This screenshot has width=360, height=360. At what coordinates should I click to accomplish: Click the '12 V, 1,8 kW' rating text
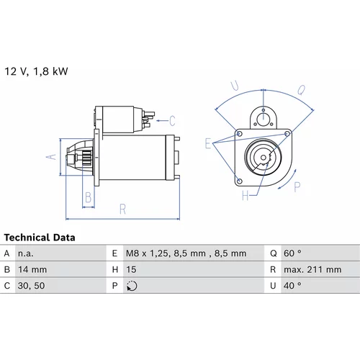36,71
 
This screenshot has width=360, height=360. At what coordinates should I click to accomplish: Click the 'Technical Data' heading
40,238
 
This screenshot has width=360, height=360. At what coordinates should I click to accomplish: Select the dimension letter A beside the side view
51,157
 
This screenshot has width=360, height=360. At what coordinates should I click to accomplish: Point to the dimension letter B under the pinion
89,197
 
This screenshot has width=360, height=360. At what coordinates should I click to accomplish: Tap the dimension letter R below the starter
122,210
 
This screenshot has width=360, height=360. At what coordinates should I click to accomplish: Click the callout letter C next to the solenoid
172,121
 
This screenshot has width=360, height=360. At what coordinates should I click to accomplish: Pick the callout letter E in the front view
208,143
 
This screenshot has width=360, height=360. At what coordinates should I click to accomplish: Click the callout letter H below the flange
246,196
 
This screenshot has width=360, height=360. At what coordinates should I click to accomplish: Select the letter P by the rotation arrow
297,186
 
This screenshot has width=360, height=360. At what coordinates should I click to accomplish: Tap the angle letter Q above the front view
302,90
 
